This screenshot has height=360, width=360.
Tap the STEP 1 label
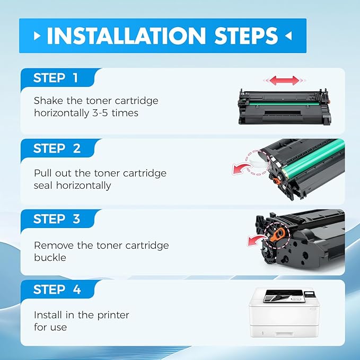pyautogui.click(x=56, y=78)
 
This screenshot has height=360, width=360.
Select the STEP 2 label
pyautogui.click(x=56, y=149)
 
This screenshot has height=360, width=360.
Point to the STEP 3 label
pyautogui.click(x=56, y=219)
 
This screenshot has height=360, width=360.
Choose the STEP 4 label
pyautogui.click(x=56, y=290)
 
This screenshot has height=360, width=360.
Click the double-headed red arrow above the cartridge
pyautogui.click(x=284, y=81)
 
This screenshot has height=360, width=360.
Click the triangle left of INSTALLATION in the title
pyautogui.click(x=37, y=37)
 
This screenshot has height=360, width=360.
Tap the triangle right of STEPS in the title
pyautogui.click(x=288, y=37)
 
